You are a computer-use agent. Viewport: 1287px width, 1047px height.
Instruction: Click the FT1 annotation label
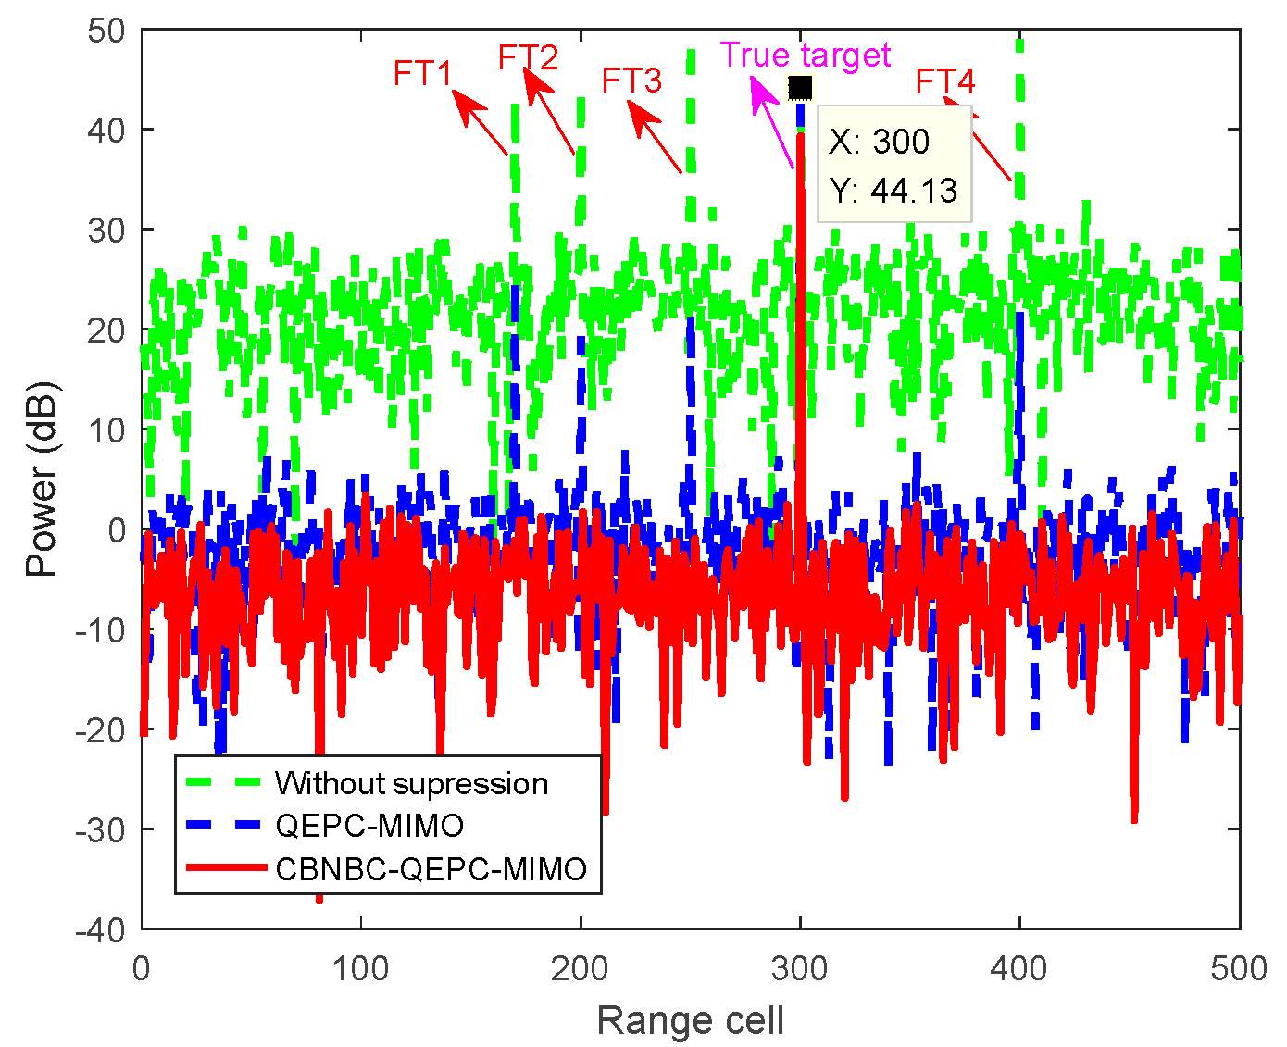tap(422, 73)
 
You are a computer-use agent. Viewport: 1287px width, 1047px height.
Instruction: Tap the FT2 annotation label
tap(528, 57)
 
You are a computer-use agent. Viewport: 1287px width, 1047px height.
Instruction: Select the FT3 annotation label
tap(631, 81)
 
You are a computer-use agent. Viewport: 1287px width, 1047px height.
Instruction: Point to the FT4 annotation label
tap(945, 82)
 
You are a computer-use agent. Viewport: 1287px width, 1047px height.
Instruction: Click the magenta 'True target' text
tap(805, 56)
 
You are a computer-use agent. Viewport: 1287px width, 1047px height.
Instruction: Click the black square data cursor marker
tap(800, 88)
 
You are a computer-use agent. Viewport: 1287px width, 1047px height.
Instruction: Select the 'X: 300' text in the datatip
tap(879, 142)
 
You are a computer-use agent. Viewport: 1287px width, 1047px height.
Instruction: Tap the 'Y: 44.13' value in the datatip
tap(893, 190)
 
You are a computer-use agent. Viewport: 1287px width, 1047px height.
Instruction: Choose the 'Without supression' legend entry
tap(411, 783)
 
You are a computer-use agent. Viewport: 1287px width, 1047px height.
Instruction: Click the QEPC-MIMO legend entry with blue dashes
tap(369, 825)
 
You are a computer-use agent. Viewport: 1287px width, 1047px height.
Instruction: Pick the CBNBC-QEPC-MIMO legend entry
tap(431, 868)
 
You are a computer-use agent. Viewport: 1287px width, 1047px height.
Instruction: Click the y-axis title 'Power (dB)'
tap(42, 479)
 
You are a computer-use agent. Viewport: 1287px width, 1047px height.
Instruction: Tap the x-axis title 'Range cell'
tap(690, 1020)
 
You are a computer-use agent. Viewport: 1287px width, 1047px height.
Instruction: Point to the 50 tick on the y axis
tap(106, 31)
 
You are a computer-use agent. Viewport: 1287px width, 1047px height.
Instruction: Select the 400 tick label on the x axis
tap(1018, 968)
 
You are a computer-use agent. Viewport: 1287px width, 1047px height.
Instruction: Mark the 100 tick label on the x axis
tap(360, 968)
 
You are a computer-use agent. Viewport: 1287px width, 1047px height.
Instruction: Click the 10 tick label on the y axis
tap(106, 430)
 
